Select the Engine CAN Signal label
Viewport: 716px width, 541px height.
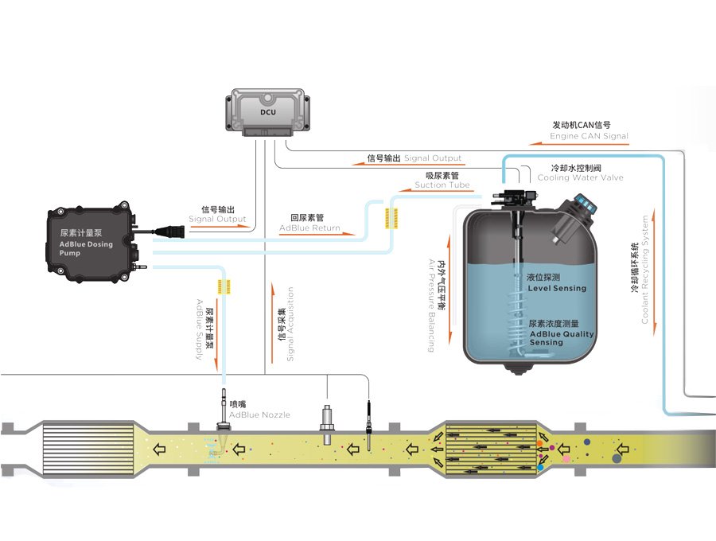pos(589,131)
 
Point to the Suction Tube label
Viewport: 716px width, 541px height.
pos(442,181)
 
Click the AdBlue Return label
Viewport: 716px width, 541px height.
pos(309,223)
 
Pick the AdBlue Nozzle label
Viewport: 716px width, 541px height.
pos(259,410)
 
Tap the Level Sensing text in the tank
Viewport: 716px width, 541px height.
pos(556,283)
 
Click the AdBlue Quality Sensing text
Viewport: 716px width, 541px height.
pos(562,334)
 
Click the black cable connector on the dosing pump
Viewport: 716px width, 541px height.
pos(170,232)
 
